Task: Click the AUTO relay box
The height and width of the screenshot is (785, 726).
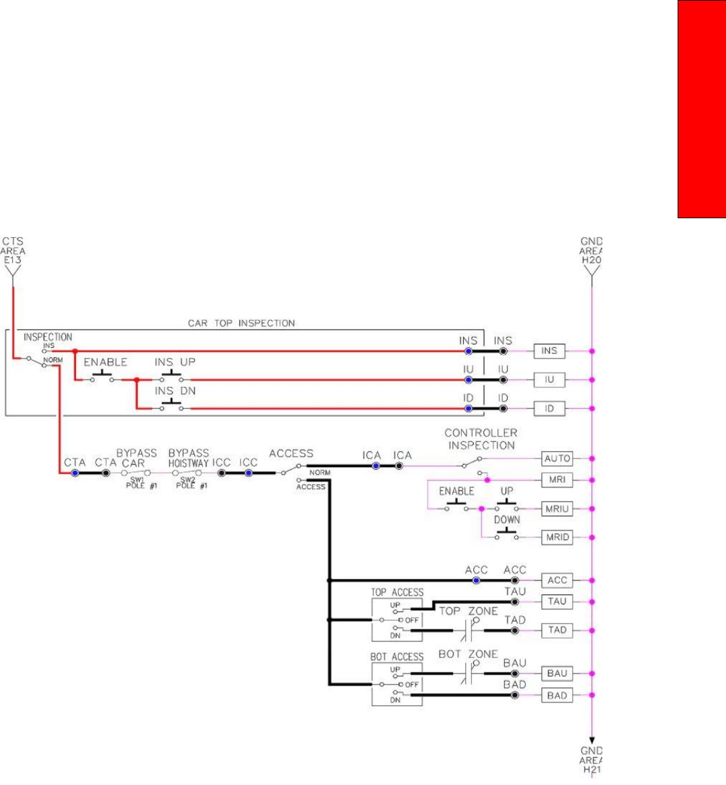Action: pos(557,459)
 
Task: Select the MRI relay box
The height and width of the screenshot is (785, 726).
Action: pos(557,480)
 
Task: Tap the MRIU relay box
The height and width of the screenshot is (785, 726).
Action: pos(557,509)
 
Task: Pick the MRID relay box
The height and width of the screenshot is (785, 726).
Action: pos(557,537)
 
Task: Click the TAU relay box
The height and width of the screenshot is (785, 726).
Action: pos(557,602)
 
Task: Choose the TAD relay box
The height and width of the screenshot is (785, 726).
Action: pos(557,631)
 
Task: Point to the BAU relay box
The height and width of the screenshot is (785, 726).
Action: pos(557,674)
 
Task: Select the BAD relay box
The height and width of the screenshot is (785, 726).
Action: pos(557,696)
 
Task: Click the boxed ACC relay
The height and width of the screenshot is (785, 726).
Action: pos(557,580)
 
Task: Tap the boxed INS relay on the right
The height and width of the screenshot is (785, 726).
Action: pos(549,351)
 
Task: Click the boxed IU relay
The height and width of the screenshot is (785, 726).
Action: pos(549,379)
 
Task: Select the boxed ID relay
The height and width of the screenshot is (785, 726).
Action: pos(549,408)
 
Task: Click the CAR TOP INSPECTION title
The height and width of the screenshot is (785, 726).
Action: pos(241,323)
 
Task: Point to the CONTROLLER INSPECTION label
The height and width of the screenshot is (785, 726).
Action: pos(481,439)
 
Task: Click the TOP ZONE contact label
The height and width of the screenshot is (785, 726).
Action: pos(469,611)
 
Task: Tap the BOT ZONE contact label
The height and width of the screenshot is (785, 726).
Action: pos(468,654)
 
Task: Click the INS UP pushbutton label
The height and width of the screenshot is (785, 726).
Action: pos(175,362)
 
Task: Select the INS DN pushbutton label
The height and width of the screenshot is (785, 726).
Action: pos(175,391)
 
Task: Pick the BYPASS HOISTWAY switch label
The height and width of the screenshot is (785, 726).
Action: pos(188,459)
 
